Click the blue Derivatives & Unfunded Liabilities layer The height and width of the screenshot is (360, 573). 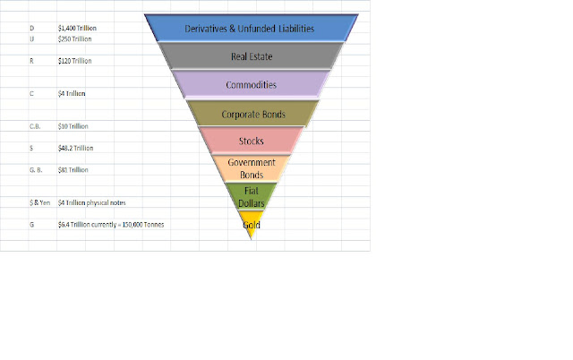tap(249, 29)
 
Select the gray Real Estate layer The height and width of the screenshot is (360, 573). tap(250, 56)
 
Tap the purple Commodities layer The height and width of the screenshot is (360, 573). tap(250, 85)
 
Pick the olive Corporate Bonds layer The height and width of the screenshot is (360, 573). tap(251, 115)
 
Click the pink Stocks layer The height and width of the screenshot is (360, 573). tap(252, 141)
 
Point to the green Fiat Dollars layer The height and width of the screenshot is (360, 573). tap(252, 196)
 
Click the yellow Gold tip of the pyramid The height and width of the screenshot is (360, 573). tap(252, 223)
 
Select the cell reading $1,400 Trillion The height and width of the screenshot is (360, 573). tap(77, 29)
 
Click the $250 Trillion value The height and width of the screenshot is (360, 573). tap(75, 39)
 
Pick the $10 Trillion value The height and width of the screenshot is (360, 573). tap(74, 126)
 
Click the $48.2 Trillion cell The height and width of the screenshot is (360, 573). tap(76, 147)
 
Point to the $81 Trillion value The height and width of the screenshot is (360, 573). tap(74, 167)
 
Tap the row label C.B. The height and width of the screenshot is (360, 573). tap(34, 126)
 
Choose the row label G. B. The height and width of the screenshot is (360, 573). tap(34, 167)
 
